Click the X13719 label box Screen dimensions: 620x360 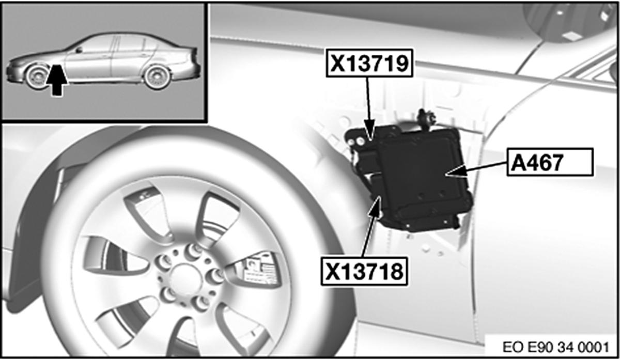coord(369,63)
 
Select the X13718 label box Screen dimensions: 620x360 coord(364,271)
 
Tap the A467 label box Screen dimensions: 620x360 coord(550,162)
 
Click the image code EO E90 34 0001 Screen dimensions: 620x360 coord(556,347)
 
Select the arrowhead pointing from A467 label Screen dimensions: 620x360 coord(457,171)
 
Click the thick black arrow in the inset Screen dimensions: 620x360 coord(57,81)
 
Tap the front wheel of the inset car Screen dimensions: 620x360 coord(37,76)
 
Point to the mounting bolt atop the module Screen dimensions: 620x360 coord(426,118)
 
